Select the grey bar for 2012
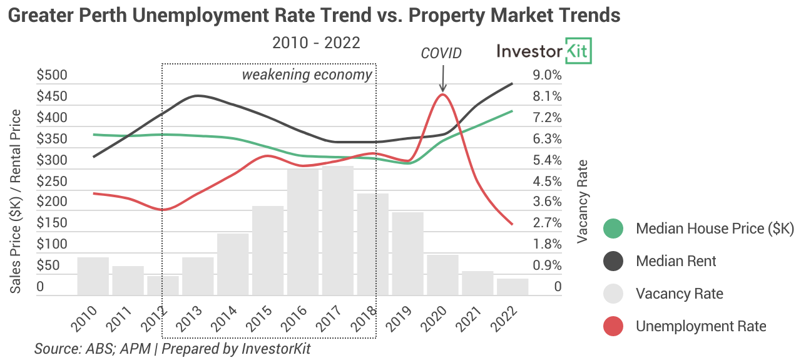click(163, 285)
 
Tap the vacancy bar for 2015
click(268, 250)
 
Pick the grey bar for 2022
click(513, 287)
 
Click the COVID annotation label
click(441, 53)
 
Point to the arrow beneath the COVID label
click(442, 80)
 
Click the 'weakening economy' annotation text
click(307, 75)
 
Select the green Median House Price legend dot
click(613, 229)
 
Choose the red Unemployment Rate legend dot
click(613, 326)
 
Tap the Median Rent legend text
click(676, 261)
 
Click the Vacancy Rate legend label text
click(679, 294)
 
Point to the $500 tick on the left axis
click(52, 76)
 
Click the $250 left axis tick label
click(52, 182)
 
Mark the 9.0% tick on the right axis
click(547, 76)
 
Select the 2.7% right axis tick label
click(547, 224)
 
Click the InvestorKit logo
click(544, 51)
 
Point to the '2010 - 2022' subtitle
click(316, 43)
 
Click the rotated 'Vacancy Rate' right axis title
click(583, 200)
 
